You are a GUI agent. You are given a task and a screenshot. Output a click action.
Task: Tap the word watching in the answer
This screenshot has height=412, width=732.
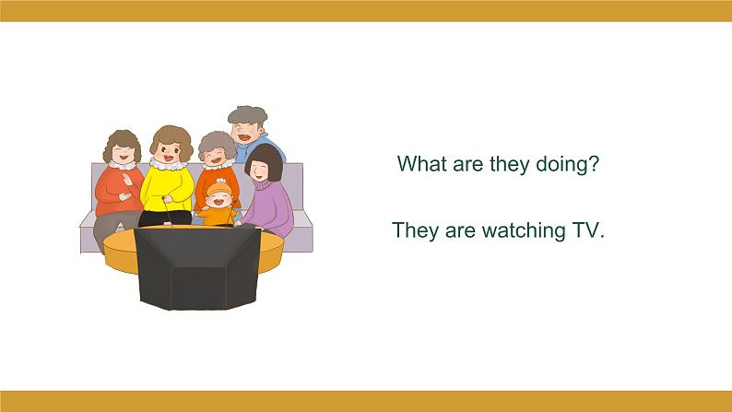524,230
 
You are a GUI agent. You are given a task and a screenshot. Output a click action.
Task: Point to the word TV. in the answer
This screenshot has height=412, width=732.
588,230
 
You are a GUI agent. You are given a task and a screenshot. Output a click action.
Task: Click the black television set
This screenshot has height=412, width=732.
197,267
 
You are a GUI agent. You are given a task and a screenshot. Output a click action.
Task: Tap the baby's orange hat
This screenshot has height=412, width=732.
219,188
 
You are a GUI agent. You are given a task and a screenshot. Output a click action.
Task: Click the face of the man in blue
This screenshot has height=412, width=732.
247,132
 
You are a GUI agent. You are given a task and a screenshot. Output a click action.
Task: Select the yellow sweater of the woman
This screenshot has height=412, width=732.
167,188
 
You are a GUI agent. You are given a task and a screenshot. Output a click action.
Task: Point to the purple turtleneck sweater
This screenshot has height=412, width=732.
270,206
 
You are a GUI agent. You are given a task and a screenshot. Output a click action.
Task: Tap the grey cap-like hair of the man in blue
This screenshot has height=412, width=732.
247,115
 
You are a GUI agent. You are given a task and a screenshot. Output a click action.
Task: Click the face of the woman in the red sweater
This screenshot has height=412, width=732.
124,154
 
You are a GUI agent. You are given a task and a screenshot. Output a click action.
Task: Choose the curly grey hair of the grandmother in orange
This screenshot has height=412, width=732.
217,142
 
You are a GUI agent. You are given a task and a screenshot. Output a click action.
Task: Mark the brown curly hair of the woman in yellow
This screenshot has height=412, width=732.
171,138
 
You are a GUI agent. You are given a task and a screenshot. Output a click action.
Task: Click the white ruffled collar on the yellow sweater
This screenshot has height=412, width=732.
168,164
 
